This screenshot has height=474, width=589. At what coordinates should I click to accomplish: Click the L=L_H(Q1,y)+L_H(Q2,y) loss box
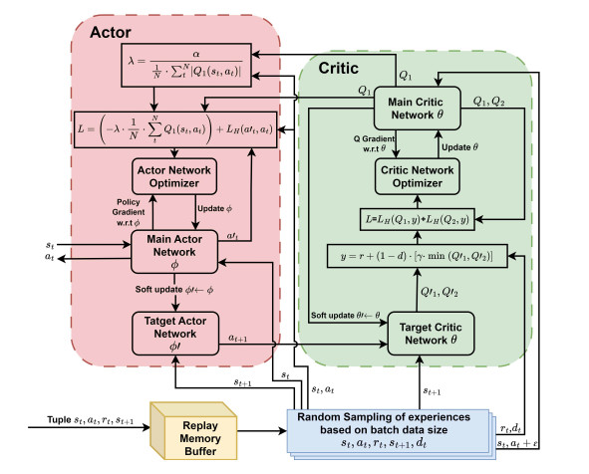(x=418, y=216)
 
